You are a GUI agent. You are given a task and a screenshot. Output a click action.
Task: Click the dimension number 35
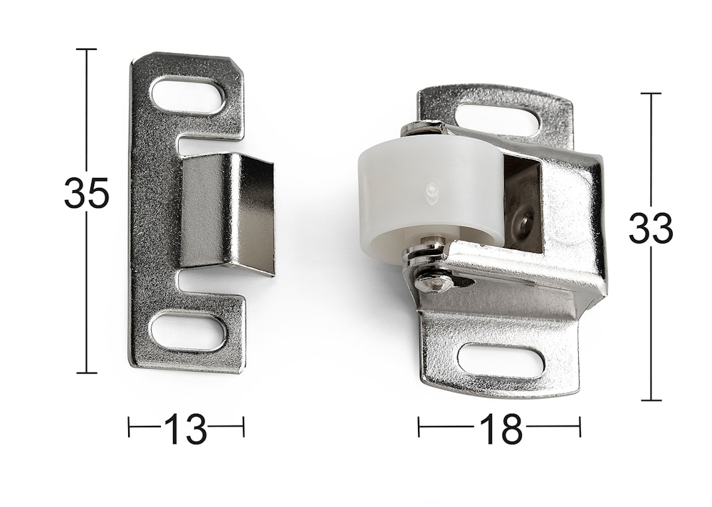pos(86,193)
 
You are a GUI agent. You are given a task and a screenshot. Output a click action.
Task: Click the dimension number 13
pos(185,429)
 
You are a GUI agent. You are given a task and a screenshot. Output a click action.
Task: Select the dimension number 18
pos(501,429)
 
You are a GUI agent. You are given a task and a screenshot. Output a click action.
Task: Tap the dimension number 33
pos(650,228)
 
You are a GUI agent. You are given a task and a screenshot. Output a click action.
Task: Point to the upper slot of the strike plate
pos(188,95)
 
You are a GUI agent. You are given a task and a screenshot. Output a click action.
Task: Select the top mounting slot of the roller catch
pos(501,119)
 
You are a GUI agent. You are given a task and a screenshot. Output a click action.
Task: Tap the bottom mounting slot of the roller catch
pos(501,361)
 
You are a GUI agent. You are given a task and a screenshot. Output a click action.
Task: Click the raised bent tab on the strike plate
pos(228,214)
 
